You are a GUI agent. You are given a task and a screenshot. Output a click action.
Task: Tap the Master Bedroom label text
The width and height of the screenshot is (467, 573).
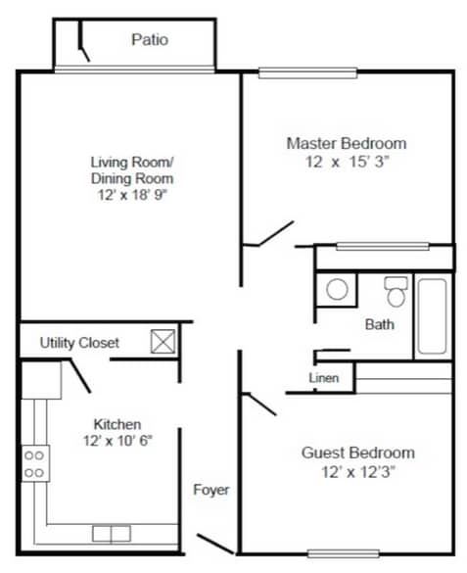coord(346,143)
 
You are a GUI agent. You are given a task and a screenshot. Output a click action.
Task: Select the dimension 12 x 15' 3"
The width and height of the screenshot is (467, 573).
coord(346,162)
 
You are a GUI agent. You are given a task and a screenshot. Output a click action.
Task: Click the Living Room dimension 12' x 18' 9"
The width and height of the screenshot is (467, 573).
coord(132,196)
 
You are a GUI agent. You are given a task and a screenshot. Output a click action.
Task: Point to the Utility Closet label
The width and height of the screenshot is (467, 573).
coord(79,343)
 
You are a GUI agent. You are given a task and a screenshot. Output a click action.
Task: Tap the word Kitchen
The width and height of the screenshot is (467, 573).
coord(117,423)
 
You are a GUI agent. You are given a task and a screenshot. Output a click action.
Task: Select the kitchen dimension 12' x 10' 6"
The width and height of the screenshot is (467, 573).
coord(117,440)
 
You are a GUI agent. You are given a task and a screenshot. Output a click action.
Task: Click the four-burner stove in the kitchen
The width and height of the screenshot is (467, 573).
coord(35,462)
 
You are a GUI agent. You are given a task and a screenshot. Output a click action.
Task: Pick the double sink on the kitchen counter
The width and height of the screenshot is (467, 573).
coord(111,534)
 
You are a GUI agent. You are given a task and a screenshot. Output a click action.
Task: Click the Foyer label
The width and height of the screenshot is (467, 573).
coord(210,489)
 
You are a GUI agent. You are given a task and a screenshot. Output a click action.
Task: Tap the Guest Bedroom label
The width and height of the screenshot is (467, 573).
coord(357,453)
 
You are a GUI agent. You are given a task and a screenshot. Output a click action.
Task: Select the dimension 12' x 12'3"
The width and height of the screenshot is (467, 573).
coord(357,471)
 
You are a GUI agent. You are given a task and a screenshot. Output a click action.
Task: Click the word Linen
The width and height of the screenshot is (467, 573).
coord(324,378)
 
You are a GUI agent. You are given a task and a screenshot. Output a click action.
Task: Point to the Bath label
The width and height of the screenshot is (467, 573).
coord(380,324)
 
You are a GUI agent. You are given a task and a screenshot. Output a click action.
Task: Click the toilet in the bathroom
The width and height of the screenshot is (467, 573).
coord(396,292)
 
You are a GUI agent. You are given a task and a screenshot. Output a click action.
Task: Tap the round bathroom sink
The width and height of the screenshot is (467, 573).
coord(337,290)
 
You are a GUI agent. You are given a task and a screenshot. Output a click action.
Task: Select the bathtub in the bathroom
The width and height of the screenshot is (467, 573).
coord(432,316)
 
